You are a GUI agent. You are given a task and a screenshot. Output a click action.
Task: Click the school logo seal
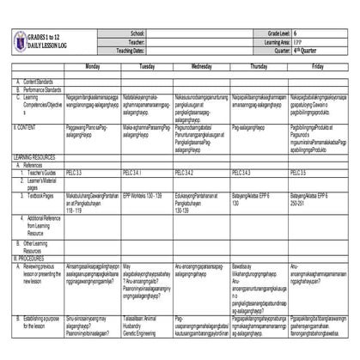20,40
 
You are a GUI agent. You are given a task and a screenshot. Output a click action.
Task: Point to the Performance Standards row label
42,89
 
